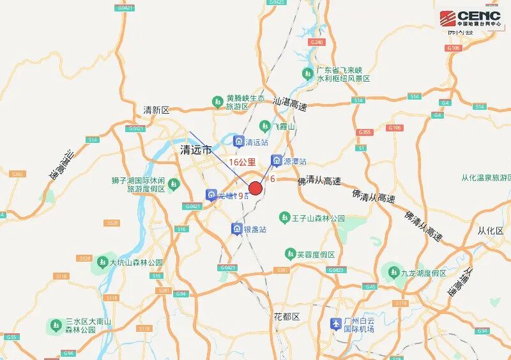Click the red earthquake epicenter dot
[256, 188]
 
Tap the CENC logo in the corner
[470, 19]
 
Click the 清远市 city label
[196, 150]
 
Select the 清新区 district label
[156, 110]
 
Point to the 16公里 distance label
[242, 162]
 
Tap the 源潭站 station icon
[277, 160]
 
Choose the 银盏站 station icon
[236, 229]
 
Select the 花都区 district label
[287, 317]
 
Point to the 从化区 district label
[491, 230]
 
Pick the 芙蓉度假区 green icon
[290, 254]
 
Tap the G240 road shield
[316, 41]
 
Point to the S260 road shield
[17, 174]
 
